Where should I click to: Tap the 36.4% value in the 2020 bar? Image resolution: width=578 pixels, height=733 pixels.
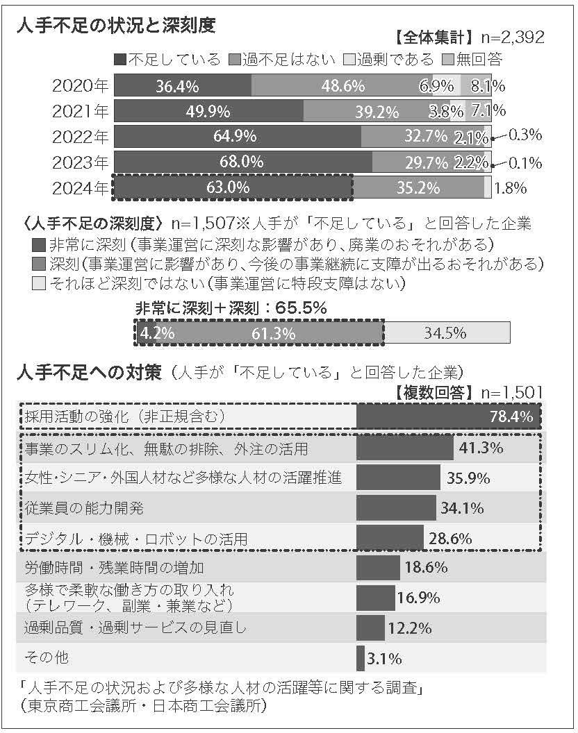pyautogui.click(x=178, y=86)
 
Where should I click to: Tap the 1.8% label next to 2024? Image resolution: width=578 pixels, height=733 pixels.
pyautogui.click(x=511, y=187)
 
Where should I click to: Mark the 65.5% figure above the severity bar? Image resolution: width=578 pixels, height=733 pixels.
pyautogui.click(x=301, y=307)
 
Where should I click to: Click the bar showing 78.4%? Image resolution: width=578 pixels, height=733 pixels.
pyautogui.click(x=448, y=416)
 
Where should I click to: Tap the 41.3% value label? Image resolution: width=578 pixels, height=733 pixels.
pyautogui.click(x=481, y=448)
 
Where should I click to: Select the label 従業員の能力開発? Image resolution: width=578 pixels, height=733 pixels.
pyautogui.click(x=84, y=508)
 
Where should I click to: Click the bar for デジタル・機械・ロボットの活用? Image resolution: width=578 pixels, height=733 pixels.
pyautogui.click(x=390, y=538)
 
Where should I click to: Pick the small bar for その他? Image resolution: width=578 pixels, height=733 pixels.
pyautogui.click(x=361, y=657)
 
